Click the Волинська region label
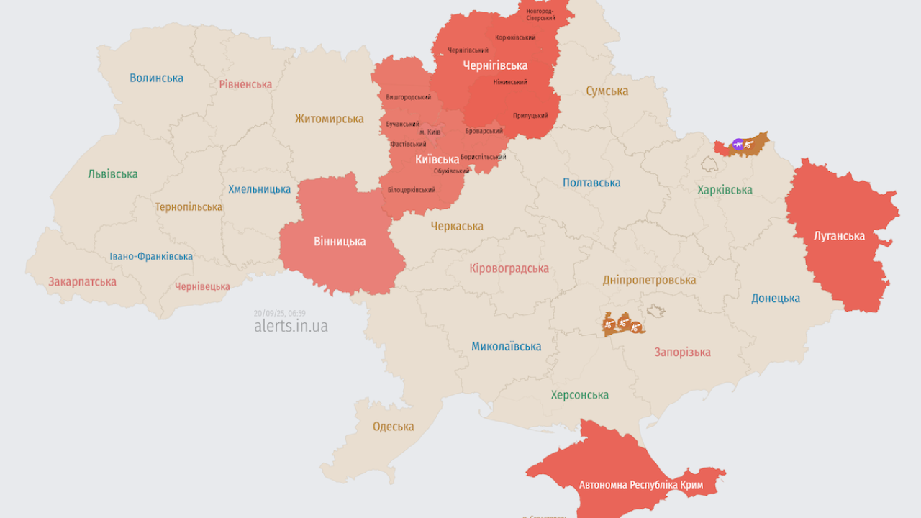(x=156, y=78)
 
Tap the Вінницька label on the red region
(x=340, y=241)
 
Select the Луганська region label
(x=839, y=235)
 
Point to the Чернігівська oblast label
(x=494, y=65)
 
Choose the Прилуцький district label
(x=530, y=115)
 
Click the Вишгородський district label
(x=408, y=97)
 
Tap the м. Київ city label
(x=430, y=132)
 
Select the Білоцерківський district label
(x=411, y=190)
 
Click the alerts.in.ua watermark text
(x=291, y=326)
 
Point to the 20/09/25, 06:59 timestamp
(x=279, y=313)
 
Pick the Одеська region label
(x=393, y=427)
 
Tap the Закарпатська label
(x=82, y=281)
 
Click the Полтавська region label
(x=591, y=183)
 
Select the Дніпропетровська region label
(x=649, y=280)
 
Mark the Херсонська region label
(x=579, y=395)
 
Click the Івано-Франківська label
(x=151, y=256)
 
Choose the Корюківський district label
(x=515, y=37)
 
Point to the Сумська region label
(x=607, y=91)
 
